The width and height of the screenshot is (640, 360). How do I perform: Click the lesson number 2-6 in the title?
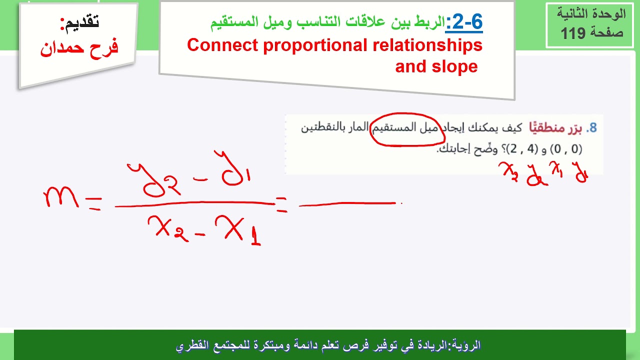[464, 22]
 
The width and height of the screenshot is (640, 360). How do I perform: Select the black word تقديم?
[80, 22]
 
